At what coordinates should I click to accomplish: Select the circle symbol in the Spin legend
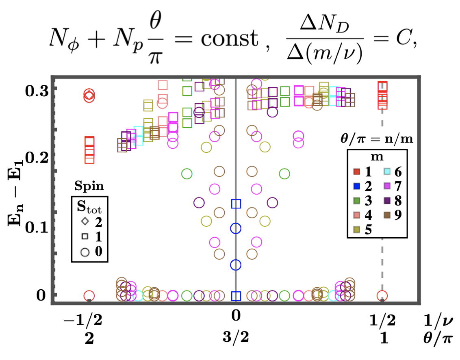85,252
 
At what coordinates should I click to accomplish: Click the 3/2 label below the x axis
235,338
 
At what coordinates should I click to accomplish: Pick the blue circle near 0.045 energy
236,265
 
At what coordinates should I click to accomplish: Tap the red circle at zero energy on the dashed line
382,295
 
